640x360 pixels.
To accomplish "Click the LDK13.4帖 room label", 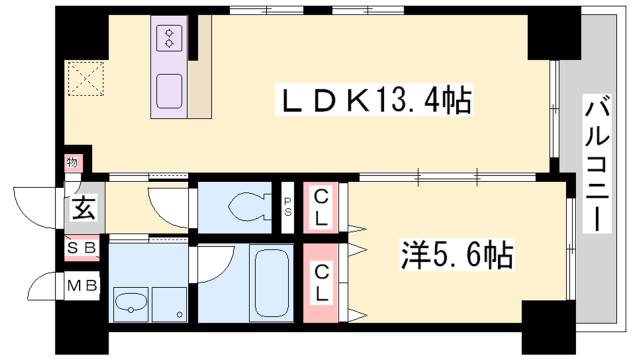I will click(376, 101).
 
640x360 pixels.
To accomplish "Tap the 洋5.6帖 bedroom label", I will click(458, 256).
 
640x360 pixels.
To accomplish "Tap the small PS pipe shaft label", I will click(288, 209).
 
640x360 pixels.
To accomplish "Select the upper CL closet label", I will click(322, 208).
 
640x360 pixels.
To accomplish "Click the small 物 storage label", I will click(72, 162).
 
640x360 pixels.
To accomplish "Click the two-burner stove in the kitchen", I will click(167, 38).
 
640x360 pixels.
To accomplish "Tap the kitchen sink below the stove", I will click(168, 91).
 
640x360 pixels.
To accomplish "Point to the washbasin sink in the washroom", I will click(130, 302).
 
